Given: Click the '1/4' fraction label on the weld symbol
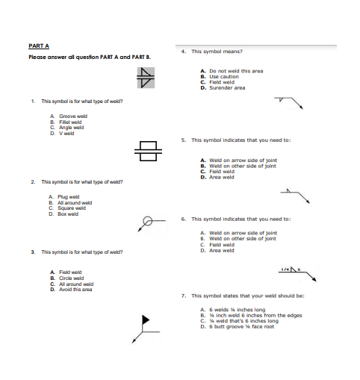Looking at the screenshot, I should tap(285, 268).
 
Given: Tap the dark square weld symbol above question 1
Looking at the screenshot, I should tap(146, 75).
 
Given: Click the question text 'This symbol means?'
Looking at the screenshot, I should tap(217, 52).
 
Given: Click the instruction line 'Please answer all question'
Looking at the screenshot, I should tap(90, 57).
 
